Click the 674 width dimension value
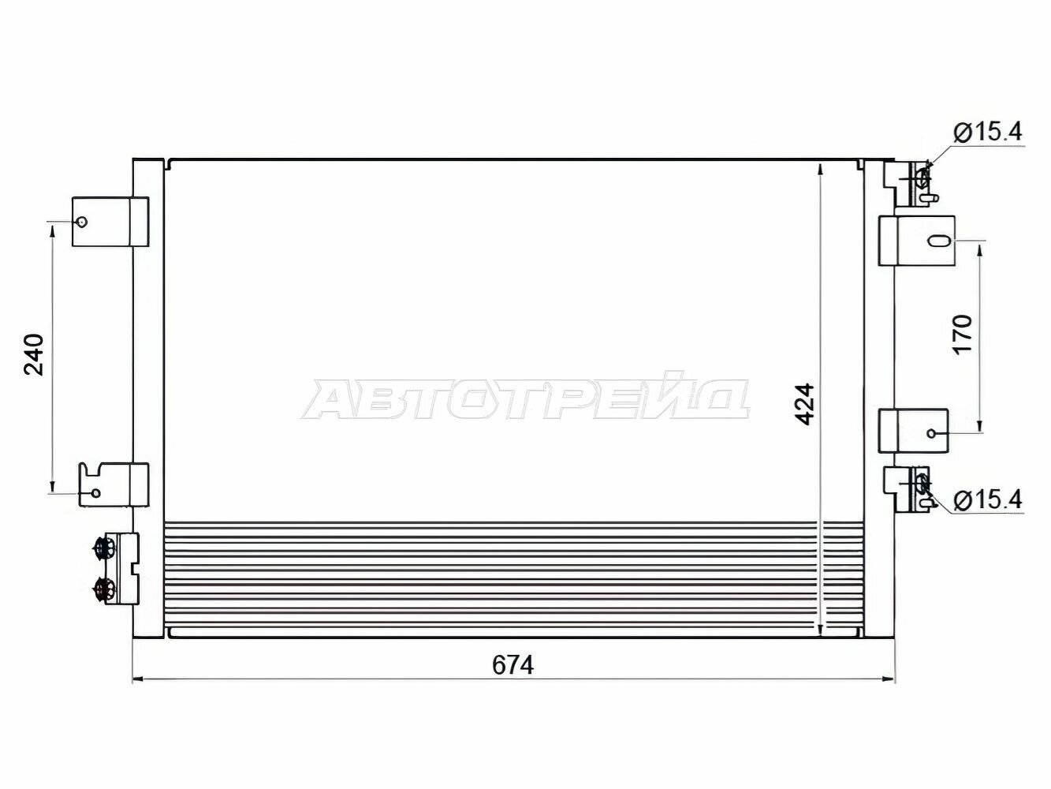(x=512, y=665)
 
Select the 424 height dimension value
(x=804, y=404)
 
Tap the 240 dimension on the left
(x=34, y=354)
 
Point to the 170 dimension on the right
(x=963, y=335)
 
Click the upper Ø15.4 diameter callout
(x=987, y=132)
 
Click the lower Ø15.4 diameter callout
(x=987, y=500)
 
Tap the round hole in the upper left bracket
(x=82, y=222)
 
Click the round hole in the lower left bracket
(x=95, y=493)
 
